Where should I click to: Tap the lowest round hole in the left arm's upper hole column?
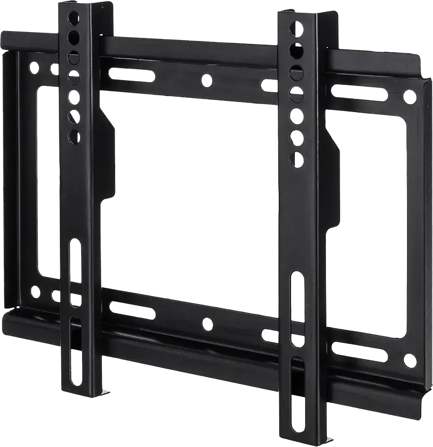(x=75, y=137)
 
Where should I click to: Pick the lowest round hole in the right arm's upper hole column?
(x=297, y=159)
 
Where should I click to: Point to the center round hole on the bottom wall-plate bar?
(x=207, y=324)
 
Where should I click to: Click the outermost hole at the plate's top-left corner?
(x=34, y=68)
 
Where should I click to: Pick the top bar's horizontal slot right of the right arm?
(x=358, y=92)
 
